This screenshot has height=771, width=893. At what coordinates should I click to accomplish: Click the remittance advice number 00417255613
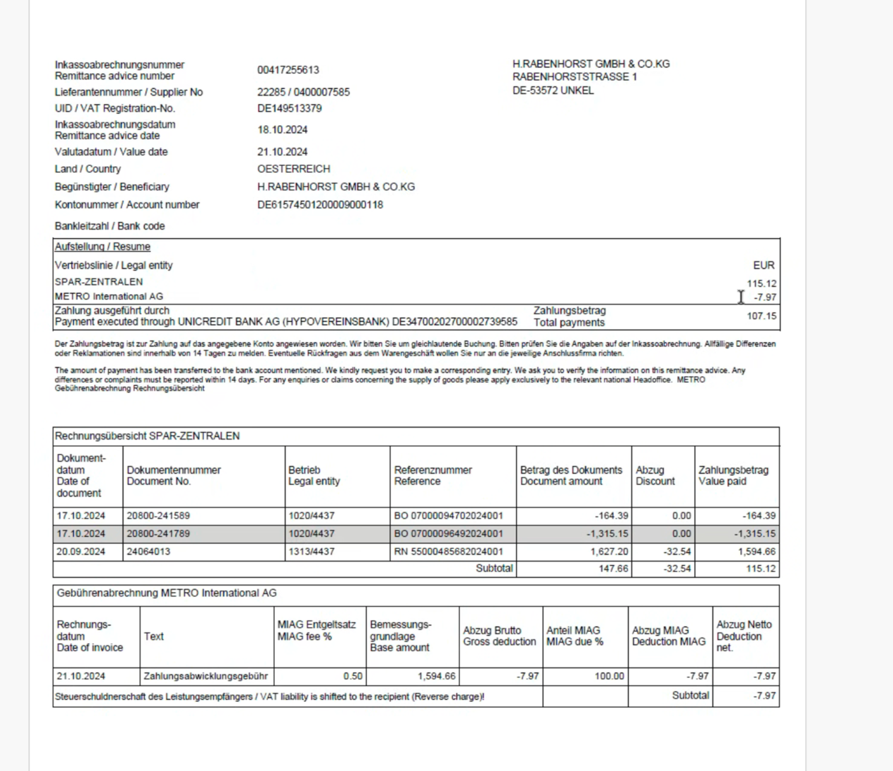[288, 70]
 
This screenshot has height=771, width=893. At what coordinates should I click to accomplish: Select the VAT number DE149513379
[289, 108]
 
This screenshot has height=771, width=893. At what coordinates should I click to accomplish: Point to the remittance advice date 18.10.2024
[282, 130]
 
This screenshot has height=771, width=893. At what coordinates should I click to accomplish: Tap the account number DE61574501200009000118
[320, 205]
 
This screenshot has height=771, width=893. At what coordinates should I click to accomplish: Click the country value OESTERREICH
[293, 169]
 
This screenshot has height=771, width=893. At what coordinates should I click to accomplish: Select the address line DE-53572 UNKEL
[553, 91]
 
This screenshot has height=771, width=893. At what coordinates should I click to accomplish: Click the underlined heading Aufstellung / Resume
[103, 247]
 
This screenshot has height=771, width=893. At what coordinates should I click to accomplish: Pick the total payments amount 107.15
[762, 316]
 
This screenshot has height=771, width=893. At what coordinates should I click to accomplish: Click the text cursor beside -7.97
[740, 297]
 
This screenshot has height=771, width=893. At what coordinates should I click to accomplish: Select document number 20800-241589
[158, 516]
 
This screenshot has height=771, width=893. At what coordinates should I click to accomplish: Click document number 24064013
[148, 552]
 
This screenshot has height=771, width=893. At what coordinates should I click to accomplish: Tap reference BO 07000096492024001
[448, 534]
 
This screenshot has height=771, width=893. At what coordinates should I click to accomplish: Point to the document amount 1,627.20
[609, 552]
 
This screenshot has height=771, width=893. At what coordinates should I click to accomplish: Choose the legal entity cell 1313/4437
[311, 552]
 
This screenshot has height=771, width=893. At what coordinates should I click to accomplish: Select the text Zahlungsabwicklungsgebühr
[205, 676]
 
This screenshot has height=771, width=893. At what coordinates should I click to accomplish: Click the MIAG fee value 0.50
[353, 676]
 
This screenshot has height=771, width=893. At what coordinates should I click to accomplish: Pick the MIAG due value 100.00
[609, 676]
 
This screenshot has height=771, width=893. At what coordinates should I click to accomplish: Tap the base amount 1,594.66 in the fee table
[436, 676]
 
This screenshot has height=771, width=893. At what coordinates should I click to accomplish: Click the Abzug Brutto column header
[499, 636]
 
